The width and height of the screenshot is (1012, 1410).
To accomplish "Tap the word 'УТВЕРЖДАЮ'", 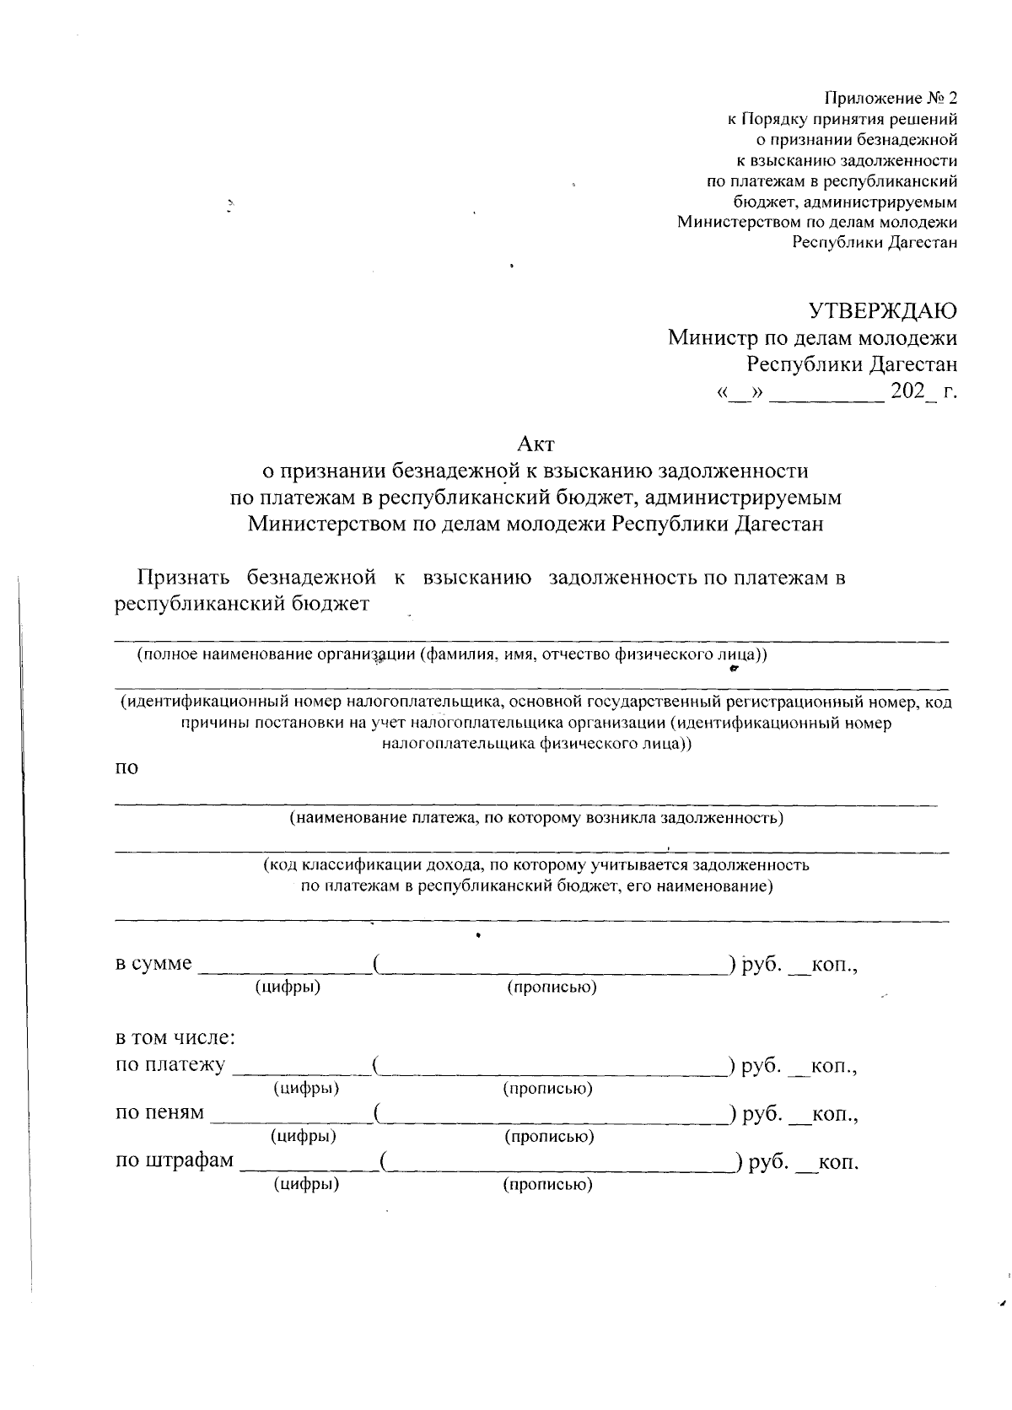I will tap(883, 311).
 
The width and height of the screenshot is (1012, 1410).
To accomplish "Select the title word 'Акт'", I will tap(536, 443).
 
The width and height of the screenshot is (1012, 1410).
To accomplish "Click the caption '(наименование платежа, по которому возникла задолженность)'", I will tap(536, 818).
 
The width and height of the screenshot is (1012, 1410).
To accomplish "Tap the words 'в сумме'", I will tap(153, 963).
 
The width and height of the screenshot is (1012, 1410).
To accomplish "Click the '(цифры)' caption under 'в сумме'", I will tap(288, 987).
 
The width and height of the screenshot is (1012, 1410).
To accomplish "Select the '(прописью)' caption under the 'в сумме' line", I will tap(552, 987).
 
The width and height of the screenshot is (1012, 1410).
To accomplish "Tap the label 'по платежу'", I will tap(170, 1065).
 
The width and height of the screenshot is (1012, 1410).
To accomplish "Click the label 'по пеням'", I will tap(159, 1113).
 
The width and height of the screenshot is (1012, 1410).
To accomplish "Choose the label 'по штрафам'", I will tap(175, 1160).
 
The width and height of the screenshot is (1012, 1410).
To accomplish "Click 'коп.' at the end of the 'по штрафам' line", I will tap(838, 1163).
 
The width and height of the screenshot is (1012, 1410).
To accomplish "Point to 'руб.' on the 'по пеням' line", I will tap(762, 1114).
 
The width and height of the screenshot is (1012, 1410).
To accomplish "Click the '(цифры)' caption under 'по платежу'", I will tap(306, 1088).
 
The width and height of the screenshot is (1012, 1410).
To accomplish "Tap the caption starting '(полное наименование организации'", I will tap(452, 654).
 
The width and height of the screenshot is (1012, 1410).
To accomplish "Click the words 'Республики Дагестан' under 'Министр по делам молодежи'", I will tap(852, 365).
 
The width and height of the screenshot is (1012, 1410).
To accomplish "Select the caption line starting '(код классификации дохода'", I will tap(536, 864).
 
